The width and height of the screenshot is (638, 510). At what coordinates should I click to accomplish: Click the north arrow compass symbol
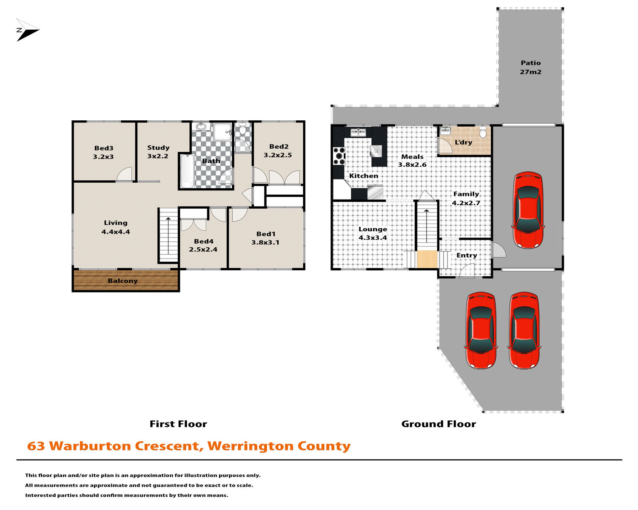(27, 30)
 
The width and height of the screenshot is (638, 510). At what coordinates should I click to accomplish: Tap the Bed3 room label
(104, 148)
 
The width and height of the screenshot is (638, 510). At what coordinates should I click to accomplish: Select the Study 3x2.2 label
(158, 152)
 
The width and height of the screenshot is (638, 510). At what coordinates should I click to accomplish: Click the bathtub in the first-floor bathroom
(188, 171)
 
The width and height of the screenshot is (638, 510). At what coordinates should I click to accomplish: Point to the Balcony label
(123, 281)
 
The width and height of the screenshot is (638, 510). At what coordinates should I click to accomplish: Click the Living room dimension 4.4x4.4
(116, 232)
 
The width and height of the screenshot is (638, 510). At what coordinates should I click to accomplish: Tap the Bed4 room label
(204, 241)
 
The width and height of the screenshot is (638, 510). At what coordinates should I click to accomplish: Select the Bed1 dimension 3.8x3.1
(265, 242)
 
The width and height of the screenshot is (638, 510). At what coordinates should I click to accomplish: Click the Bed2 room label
(279, 146)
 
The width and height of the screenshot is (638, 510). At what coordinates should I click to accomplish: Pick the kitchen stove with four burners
(339, 156)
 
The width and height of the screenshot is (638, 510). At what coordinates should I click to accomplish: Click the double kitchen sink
(358, 132)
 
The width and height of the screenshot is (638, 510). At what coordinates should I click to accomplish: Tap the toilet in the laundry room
(483, 132)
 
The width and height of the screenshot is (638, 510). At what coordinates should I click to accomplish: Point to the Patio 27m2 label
(530, 67)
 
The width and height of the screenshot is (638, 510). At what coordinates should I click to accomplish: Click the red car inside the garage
(528, 210)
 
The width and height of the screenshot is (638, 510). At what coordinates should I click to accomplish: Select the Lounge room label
(373, 229)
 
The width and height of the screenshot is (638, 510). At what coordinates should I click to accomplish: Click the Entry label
(467, 255)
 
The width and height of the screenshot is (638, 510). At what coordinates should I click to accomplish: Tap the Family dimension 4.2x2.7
(466, 203)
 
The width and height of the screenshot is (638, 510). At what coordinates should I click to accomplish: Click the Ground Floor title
(439, 424)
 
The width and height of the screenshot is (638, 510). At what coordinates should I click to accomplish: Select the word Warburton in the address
(90, 446)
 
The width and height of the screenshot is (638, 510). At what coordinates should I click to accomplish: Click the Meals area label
(413, 157)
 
